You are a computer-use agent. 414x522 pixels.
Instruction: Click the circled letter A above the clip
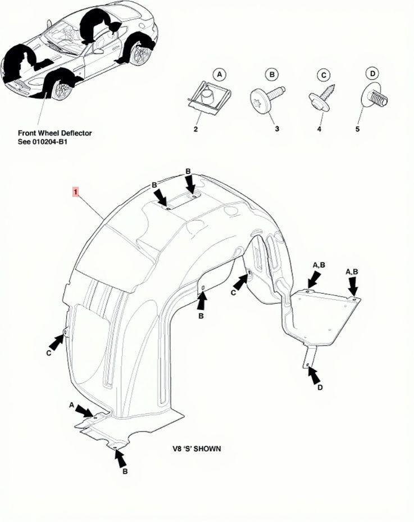[x=219, y=75]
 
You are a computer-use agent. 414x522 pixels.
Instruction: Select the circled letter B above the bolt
[x=272, y=75]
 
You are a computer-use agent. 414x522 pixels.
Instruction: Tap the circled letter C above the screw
[x=324, y=75]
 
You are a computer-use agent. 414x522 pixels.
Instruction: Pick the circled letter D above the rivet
[x=372, y=74]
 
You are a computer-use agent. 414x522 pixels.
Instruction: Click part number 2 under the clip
[x=196, y=129]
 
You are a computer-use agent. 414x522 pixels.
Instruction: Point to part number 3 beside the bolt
[x=277, y=128]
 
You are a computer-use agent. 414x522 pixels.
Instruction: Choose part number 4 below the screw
[x=319, y=129]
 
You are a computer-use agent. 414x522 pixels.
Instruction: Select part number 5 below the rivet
[x=357, y=128]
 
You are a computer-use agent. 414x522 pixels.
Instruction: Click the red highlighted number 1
[x=76, y=192]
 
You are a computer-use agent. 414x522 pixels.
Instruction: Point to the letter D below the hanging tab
[x=320, y=388]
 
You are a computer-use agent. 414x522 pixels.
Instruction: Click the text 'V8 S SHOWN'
[x=196, y=449]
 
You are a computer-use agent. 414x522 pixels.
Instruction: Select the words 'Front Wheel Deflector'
[x=55, y=133]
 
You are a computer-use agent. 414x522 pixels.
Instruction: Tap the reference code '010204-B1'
[x=50, y=142]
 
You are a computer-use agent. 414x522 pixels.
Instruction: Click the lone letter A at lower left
[x=71, y=405]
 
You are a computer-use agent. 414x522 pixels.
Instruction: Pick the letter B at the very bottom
[x=125, y=471]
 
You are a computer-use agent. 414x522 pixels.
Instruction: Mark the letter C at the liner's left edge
[x=49, y=353]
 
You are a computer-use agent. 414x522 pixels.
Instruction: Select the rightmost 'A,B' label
[x=352, y=272]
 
